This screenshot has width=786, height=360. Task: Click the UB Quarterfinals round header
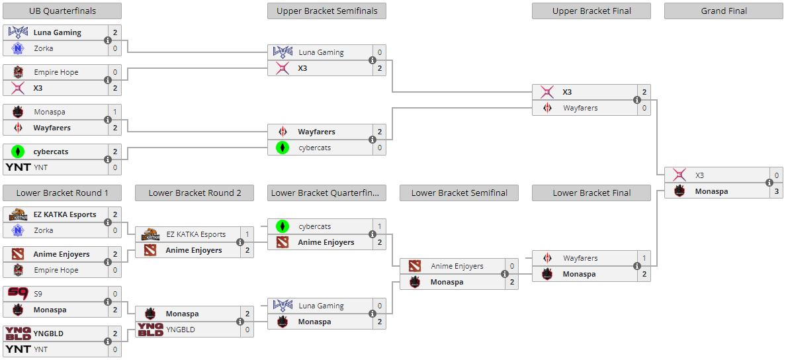pos(62,11)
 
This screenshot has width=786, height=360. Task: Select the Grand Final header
pos(724,11)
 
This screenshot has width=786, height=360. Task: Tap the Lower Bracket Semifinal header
pos(459,193)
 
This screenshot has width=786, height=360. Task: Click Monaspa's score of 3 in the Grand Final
pos(776,191)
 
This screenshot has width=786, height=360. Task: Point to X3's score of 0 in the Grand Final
pos(776,175)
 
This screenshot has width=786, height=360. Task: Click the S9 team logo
pos(18,294)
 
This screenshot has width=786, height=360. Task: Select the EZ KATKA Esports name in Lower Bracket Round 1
pos(65,214)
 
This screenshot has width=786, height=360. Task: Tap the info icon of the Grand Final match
pos(769,183)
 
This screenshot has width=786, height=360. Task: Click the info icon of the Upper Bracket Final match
pos(637,100)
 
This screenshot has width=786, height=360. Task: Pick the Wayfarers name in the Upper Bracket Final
pos(580,108)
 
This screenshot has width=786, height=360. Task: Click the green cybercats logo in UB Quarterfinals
pos(18,152)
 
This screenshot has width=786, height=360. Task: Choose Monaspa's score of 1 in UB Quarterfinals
pos(114,112)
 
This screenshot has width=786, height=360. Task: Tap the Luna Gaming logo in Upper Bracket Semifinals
pos(283,52)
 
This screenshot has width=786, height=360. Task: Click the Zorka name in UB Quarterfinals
pos(44,48)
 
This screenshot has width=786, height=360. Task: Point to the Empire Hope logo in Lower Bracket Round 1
pos(18,270)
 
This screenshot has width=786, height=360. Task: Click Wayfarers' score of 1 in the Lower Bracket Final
pos(644,258)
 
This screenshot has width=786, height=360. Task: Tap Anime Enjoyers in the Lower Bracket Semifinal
pos(457,266)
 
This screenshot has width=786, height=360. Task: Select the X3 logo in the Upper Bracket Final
pos(547,92)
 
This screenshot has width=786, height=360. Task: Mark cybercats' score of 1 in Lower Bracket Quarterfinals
pos(379,226)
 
